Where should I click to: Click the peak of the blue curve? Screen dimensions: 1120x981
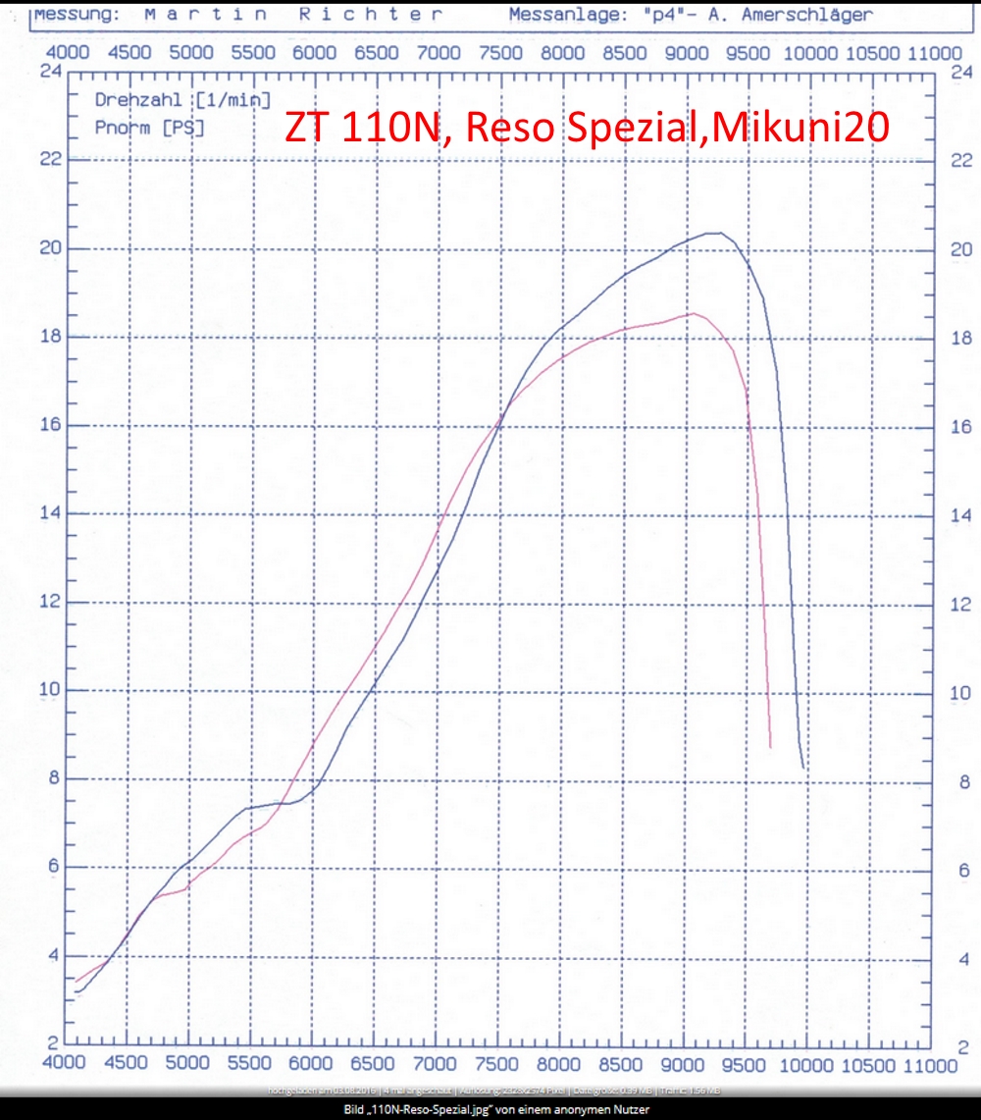pos(714,233)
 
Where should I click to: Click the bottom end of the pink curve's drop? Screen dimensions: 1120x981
pos(770,747)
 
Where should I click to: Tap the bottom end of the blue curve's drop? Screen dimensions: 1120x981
pos(804,768)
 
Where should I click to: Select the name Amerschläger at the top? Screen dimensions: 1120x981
pos(806,15)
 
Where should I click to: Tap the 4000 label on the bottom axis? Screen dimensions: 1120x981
pos(64,1063)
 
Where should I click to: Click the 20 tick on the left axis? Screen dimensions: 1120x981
pos(50,248)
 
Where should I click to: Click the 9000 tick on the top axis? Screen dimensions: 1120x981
pos(684,52)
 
